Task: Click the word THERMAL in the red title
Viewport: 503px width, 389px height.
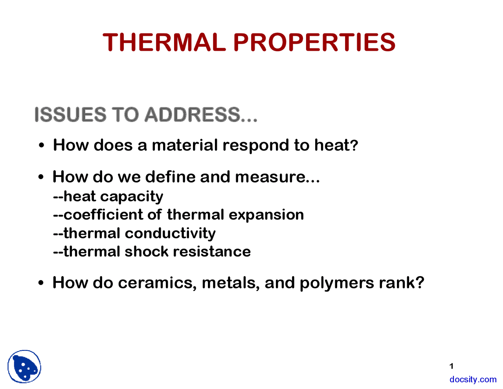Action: tap(164, 42)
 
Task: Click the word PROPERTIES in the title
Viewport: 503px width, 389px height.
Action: tap(314, 42)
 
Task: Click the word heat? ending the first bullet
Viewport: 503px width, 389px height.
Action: tap(336, 145)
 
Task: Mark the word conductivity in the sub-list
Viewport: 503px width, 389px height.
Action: tap(170, 233)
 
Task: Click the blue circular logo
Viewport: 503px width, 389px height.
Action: tap(24, 367)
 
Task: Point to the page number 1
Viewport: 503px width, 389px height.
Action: tap(452, 366)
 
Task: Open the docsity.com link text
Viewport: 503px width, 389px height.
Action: tap(473, 380)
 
